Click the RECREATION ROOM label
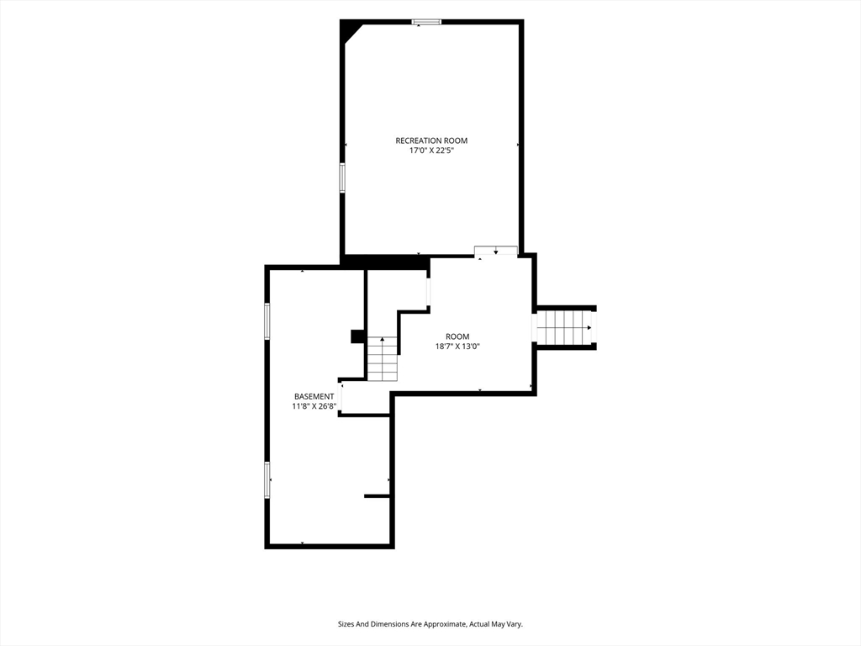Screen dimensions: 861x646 [x=431, y=140]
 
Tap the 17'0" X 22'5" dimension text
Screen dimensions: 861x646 [x=431, y=151]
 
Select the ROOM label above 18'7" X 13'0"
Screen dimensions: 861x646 [x=457, y=336]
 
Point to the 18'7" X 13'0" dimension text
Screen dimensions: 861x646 [x=457, y=346]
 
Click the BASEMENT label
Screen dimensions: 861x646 [x=314, y=397]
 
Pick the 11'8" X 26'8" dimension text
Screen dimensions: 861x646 [x=314, y=406]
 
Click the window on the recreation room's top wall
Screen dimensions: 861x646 [x=426, y=22]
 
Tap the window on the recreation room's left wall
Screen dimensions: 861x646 [x=342, y=177]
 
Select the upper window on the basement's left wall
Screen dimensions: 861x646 [x=267, y=320]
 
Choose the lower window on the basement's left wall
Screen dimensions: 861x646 [x=267, y=480]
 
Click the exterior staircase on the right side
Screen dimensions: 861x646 [x=564, y=328]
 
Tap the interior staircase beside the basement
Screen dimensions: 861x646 [x=383, y=358]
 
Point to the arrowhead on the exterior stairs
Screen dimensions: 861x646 [x=589, y=328]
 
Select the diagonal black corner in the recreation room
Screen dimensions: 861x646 [x=349, y=31]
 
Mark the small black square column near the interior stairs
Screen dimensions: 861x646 [x=358, y=336]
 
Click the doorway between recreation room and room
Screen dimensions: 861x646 [x=496, y=251]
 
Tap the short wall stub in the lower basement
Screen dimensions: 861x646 [x=378, y=496]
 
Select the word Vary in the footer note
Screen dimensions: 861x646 [x=515, y=624]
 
